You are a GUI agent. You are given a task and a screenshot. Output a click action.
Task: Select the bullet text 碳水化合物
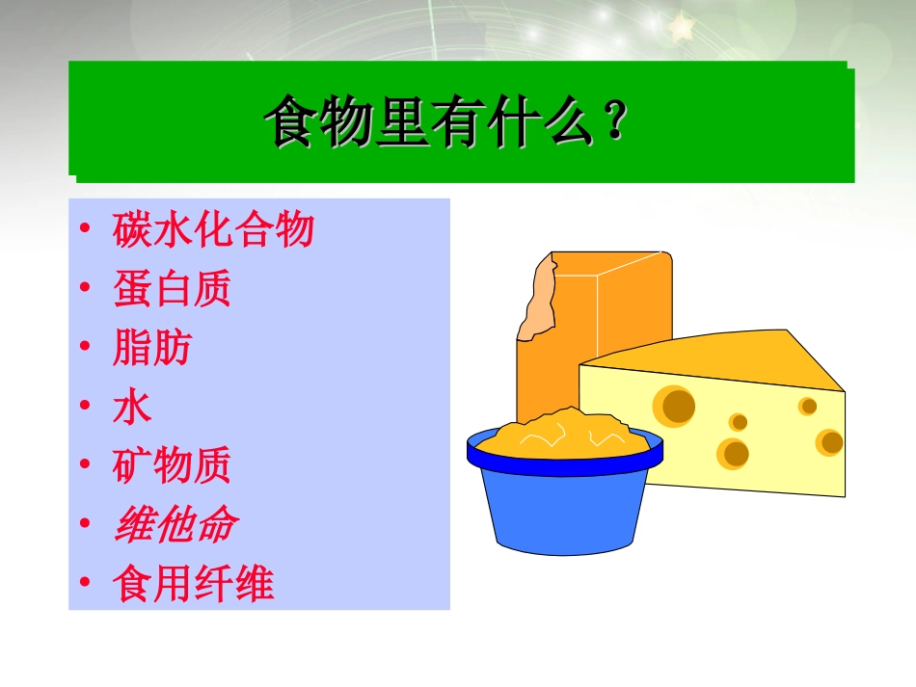tap(213, 230)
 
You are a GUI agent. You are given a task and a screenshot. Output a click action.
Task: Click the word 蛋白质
tap(172, 289)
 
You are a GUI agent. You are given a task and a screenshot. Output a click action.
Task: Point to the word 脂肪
tap(151, 348)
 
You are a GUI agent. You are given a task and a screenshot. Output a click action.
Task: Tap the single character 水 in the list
tap(132, 408)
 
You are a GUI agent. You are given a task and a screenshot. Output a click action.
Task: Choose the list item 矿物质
tap(172, 466)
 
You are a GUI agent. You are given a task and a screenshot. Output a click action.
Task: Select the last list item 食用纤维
tap(193, 585)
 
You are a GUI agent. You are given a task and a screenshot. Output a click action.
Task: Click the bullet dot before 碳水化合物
tap(87, 231)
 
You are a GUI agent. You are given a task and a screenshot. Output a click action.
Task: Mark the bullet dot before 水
tap(87, 409)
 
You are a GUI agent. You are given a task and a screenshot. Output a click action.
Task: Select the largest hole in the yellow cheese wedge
tap(676, 405)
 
